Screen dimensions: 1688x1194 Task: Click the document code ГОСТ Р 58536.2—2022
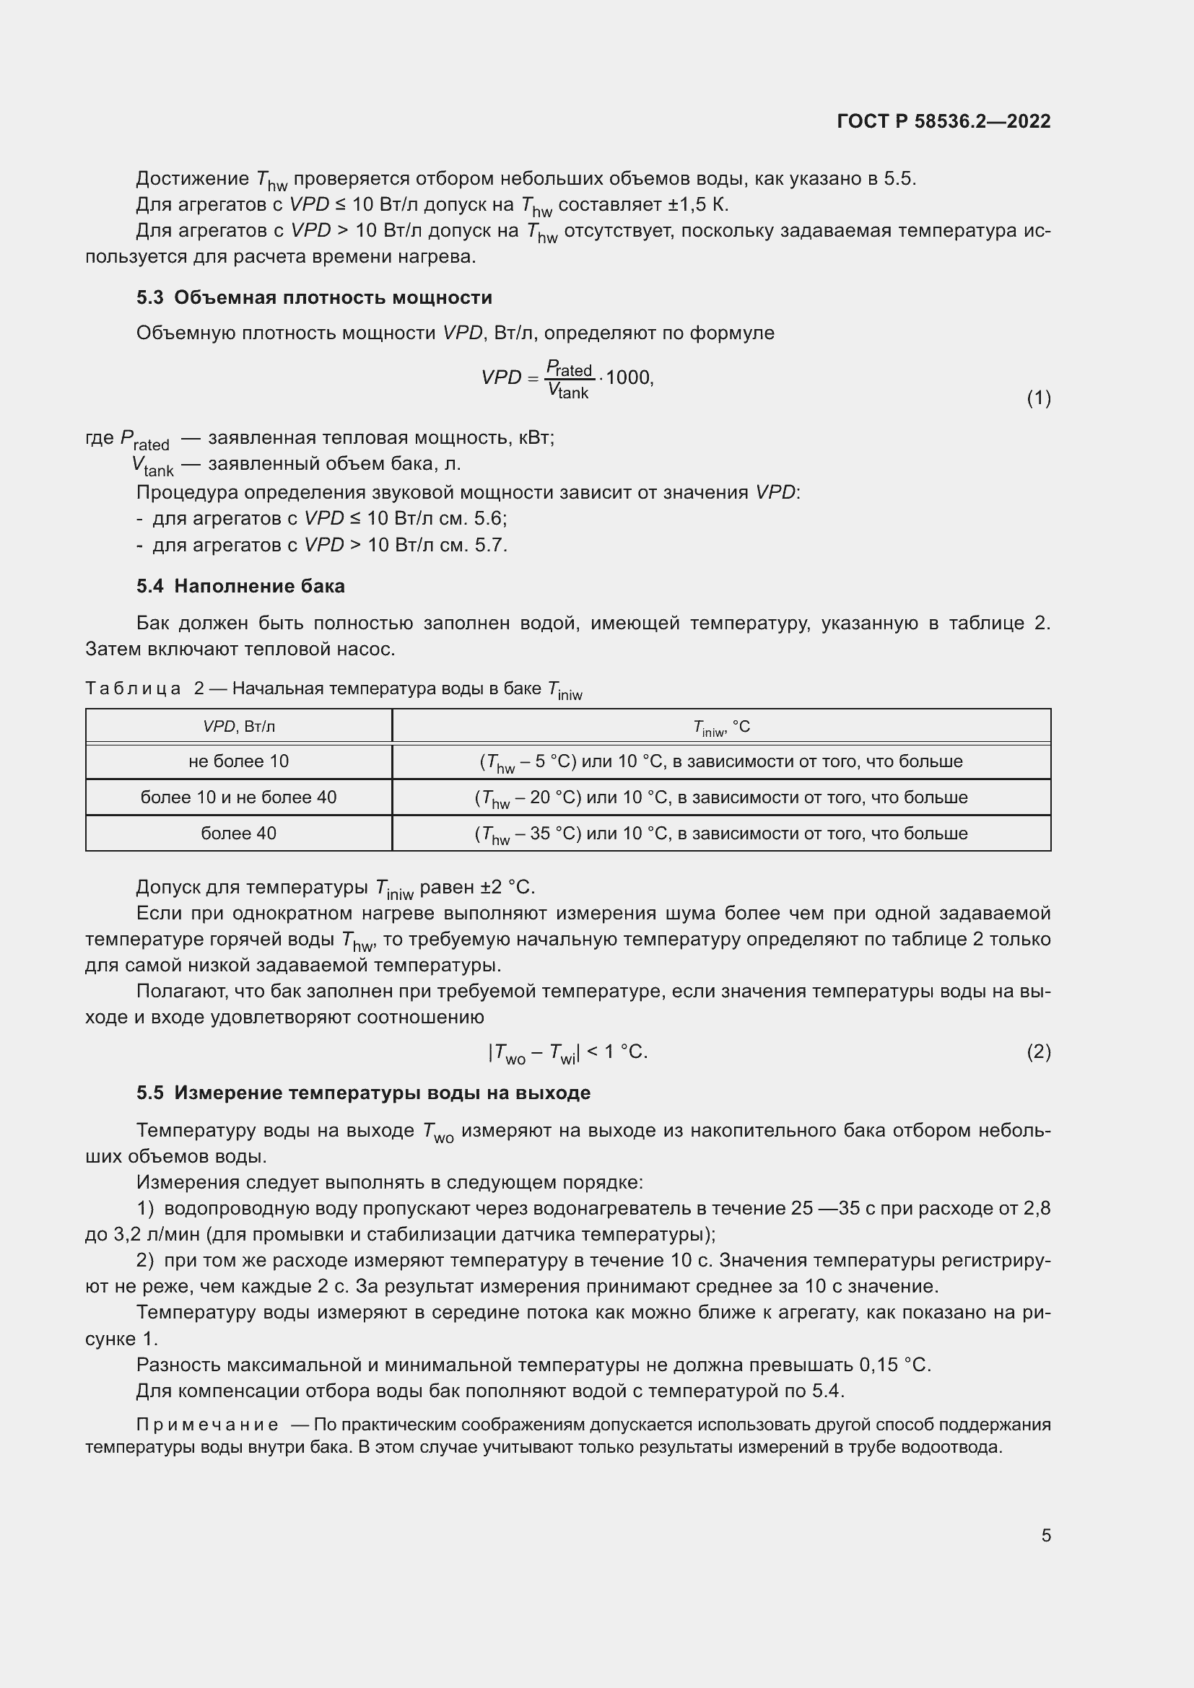tap(944, 121)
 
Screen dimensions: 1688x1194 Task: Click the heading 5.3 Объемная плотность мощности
tap(314, 298)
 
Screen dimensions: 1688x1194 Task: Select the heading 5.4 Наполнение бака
tap(240, 586)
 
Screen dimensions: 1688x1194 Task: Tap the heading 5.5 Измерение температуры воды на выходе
tap(363, 1093)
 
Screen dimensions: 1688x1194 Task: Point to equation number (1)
tap(1038, 398)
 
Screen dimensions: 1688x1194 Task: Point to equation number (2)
tap(1038, 1052)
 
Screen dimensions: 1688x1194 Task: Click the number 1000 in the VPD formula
tap(629, 378)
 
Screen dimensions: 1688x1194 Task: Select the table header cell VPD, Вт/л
tap(239, 727)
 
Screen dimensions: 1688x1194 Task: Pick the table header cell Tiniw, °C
tap(721, 727)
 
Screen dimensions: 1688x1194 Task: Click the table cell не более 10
tap(239, 761)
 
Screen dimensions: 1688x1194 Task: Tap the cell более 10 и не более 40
tap(239, 797)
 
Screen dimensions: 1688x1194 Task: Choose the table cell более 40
tap(239, 834)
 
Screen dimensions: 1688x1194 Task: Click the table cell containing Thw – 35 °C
tap(721, 834)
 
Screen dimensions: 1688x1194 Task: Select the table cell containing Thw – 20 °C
tap(721, 798)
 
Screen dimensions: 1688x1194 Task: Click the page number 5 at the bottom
tap(1045, 1535)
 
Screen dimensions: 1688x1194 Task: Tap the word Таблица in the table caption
tap(133, 689)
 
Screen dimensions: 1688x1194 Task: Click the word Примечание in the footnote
tap(207, 1425)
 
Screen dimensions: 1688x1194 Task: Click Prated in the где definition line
tap(145, 440)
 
